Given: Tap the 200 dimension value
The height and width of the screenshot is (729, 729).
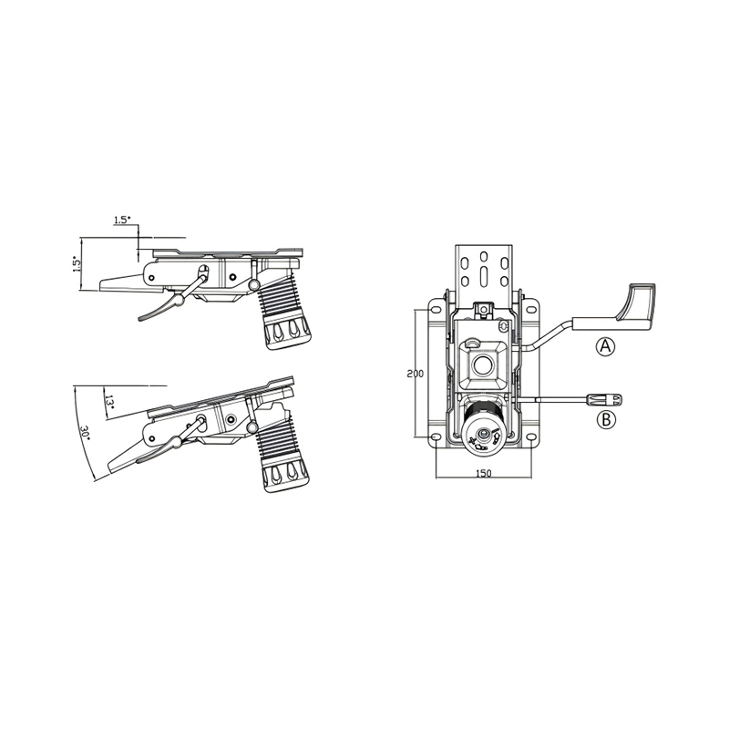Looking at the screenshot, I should [x=416, y=375].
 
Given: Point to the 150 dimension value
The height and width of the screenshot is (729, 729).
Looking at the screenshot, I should [x=484, y=474].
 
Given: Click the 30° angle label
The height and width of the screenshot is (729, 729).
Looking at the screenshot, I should [x=85, y=432].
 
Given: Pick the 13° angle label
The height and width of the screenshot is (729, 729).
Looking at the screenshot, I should [x=108, y=403].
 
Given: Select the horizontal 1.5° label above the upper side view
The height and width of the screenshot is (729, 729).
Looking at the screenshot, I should [x=122, y=221].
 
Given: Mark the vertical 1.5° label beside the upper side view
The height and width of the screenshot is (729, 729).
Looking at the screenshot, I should [x=77, y=264].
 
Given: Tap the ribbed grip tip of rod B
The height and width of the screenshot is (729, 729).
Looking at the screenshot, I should [x=609, y=399].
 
